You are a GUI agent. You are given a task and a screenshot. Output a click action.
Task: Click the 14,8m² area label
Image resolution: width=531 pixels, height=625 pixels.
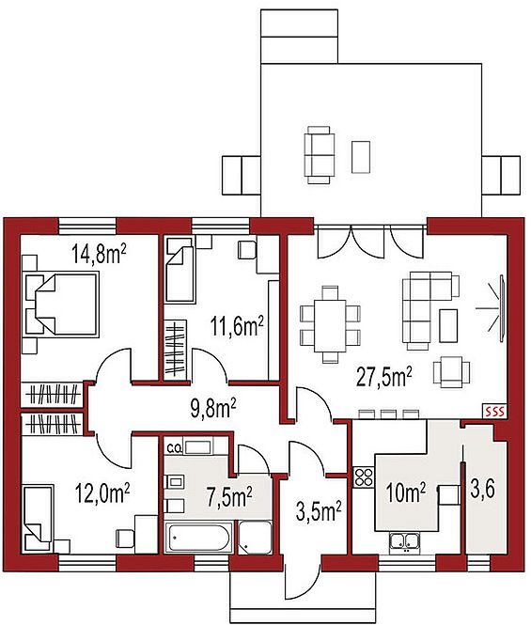[100, 254]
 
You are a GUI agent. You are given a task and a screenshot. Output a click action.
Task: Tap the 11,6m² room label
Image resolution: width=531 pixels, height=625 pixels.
[237, 326]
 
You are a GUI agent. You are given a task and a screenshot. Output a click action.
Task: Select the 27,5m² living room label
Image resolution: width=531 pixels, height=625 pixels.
[383, 377]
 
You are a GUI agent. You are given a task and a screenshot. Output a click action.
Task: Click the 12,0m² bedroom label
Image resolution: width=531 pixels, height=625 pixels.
[102, 493]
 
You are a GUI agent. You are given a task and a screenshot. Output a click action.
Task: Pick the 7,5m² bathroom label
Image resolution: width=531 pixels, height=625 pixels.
[229, 498]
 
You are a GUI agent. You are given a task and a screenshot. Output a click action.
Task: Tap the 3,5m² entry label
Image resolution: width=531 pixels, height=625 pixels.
[319, 511]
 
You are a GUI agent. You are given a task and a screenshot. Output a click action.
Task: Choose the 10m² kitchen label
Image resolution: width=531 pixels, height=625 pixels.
[406, 492]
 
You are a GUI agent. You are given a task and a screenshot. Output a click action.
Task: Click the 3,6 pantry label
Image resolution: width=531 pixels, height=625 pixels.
[483, 489]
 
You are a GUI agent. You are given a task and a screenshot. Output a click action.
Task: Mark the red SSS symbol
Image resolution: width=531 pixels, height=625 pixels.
[494, 411]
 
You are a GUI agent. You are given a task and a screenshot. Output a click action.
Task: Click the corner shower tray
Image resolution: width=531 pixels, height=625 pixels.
[255, 537]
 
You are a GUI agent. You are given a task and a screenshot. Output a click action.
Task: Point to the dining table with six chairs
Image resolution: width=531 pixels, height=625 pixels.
[330, 325]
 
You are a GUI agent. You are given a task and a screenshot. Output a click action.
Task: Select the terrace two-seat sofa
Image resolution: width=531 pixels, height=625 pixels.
[320, 155]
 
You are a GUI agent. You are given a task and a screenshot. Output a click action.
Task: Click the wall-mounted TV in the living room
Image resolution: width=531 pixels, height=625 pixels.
[502, 307]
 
